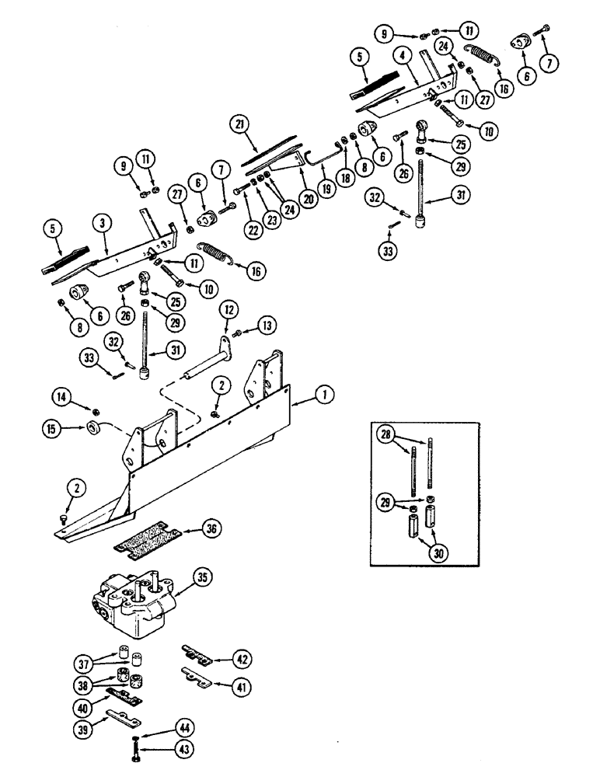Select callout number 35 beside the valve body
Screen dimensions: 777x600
click(202, 579)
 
